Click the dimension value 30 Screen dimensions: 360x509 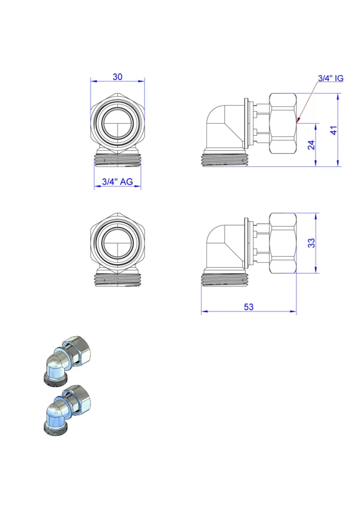click(x=118, y=77)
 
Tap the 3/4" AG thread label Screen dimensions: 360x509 click(x=118, y=181)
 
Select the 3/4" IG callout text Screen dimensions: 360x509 click(x=331, y=78)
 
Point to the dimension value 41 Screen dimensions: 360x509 click(x=334, y=130)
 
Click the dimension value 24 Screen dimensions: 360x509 click(x=311, y=145)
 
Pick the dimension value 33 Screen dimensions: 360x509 click(x=311, y=243)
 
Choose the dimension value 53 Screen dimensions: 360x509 click(x=248, y=307)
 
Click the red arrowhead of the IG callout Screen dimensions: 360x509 click(x=298, y=121)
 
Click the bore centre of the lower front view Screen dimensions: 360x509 click(x=118, y=242)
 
